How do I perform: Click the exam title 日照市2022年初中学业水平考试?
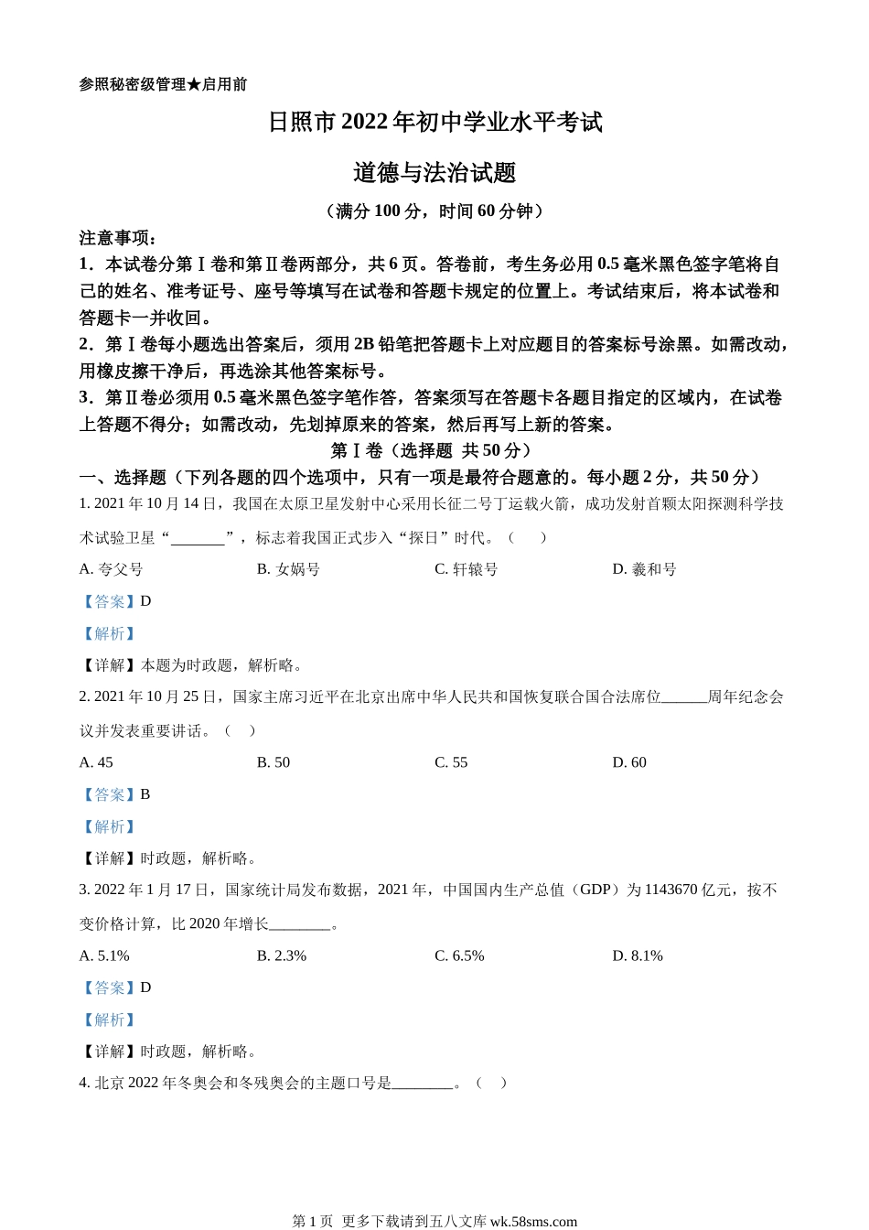coord(434,123)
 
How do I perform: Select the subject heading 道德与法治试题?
coord(434,173)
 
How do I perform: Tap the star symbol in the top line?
coord(193,84)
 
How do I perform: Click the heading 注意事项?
coord(118,238)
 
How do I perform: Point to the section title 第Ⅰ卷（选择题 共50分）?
coord(430,450)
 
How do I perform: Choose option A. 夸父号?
coord(112,569)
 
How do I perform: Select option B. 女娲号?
coord(288,569)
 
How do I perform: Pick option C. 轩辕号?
coord(466,569)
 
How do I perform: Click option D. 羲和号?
coord(644,569)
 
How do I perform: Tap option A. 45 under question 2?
coord(97,762)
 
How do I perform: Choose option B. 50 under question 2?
coord(274,762)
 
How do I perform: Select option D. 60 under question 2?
coord(629,762)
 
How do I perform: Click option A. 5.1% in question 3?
coord(105,955)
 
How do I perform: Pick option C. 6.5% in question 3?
coord(459,955)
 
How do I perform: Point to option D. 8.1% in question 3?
coord(638,955)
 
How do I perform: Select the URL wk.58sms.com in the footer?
coord(533,1221)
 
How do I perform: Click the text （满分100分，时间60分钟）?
coord(434,211)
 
